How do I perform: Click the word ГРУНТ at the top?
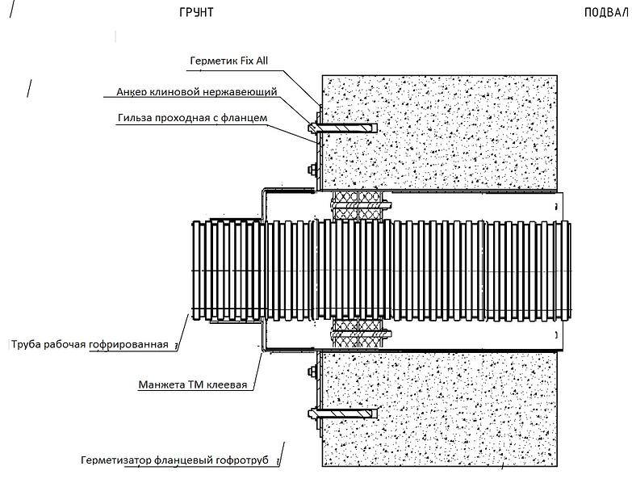point(197,14)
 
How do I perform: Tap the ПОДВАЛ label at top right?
point(605,14)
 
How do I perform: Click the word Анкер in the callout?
point(134,92)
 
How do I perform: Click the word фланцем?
point(245,119)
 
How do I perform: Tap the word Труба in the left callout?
point(27,344)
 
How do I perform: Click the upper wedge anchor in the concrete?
point(343,128)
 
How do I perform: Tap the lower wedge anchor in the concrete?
point(343,414)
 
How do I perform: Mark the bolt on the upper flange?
point(310,169)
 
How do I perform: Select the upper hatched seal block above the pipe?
point(359,207)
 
